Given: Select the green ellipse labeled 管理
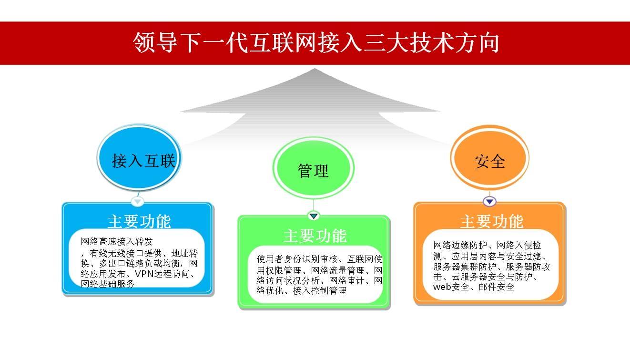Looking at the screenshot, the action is point(313,168).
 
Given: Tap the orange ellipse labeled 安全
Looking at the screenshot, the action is point(490,157).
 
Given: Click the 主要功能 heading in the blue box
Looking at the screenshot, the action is point(139,222).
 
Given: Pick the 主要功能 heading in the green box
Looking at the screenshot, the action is point(315,236).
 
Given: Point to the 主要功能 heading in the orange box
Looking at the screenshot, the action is point(492,222).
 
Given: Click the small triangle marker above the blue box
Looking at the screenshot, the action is point(138,202).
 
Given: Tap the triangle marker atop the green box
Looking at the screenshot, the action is point(314,216).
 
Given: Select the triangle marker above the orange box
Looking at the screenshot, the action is point(490,202).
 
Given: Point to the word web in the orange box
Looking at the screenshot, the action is point(442,287).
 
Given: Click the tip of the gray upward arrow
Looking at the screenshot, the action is point(315,68).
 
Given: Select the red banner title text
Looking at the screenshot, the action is point(316,43).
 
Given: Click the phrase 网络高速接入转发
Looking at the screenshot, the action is point(117,241).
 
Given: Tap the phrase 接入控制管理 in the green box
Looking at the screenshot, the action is point(320,290).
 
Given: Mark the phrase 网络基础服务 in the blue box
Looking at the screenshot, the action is point(108,284).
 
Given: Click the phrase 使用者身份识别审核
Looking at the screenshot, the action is point(297,259).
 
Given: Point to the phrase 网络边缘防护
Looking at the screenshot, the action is point(460,245).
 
